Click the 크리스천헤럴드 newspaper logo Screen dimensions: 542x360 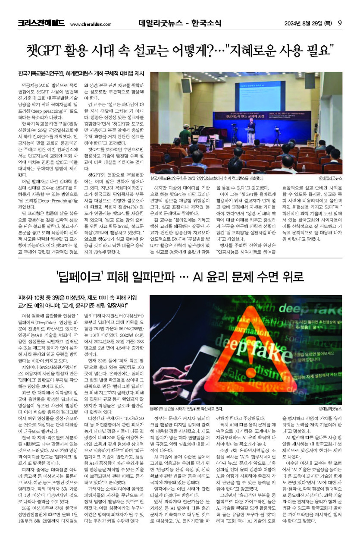(x=41, y=23)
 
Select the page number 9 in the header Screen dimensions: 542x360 (x=340, y=23)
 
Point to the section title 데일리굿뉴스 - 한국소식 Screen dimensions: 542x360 (x=180, y=23)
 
